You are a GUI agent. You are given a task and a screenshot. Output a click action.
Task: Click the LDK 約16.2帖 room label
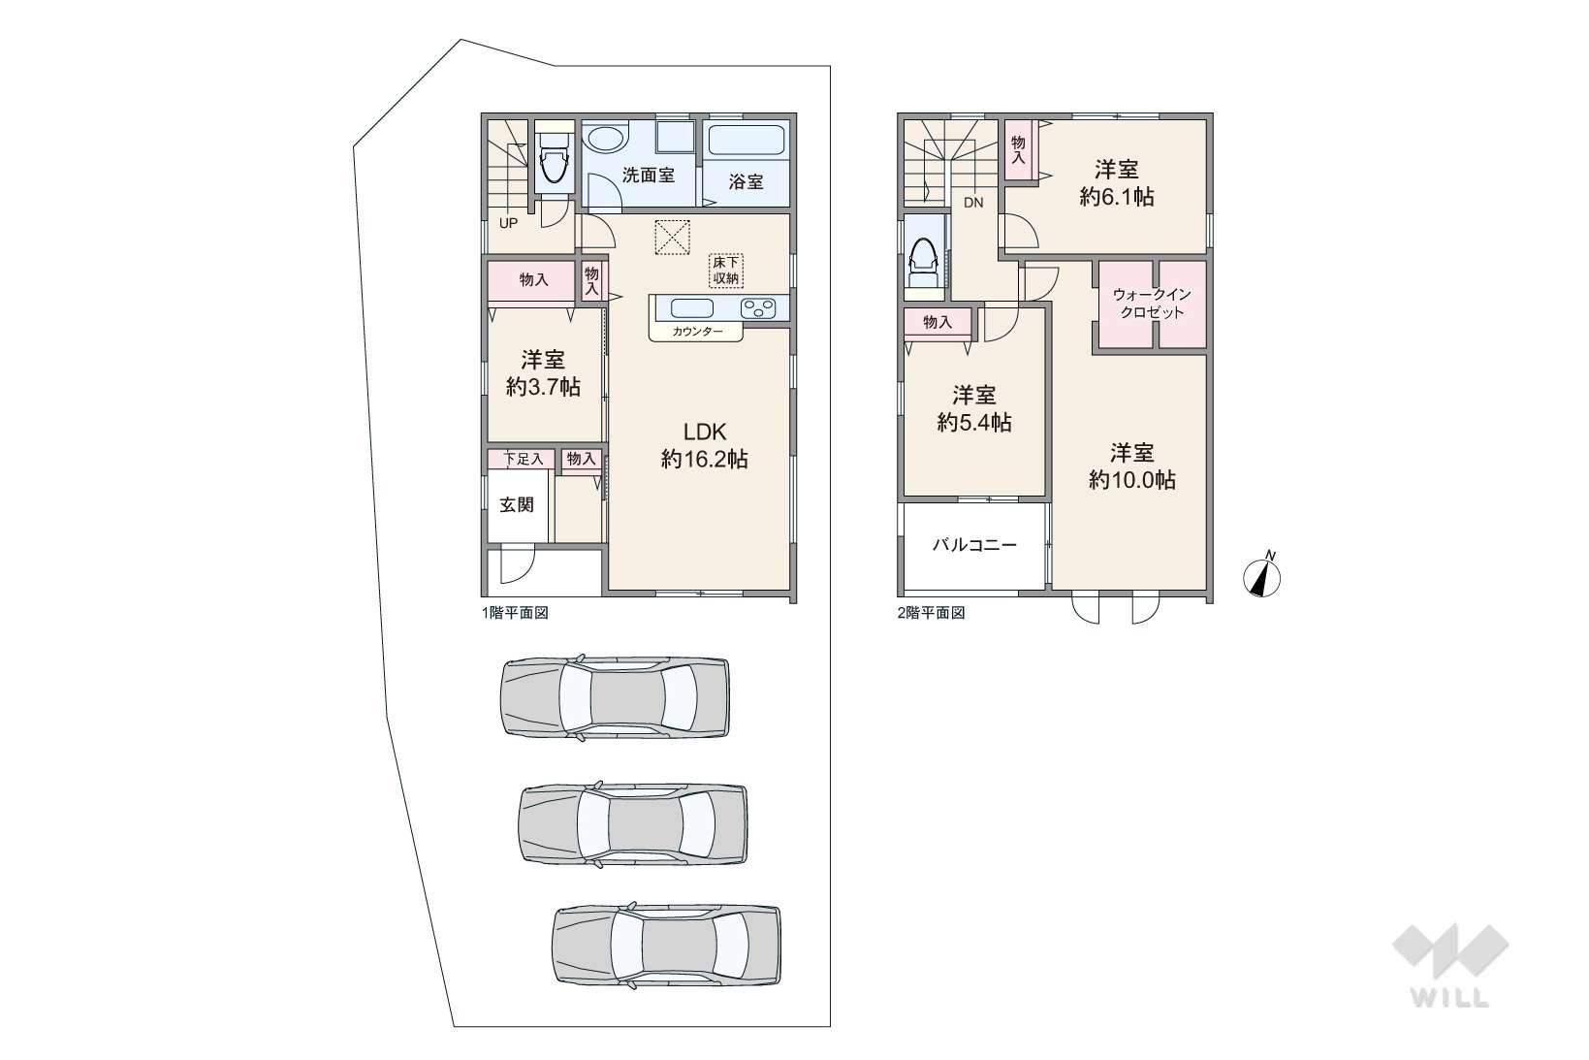[705, 445]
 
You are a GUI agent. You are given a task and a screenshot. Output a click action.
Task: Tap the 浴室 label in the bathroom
[746, 181]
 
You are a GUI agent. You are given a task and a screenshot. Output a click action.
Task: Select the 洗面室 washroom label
[648, 175]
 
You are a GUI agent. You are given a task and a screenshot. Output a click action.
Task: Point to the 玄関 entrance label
[517, 504]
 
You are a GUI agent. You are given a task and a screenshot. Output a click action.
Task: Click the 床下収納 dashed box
[726, 271]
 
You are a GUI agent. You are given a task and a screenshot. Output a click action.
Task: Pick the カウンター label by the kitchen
[697, 332]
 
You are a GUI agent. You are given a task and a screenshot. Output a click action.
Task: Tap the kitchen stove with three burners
[757, 308]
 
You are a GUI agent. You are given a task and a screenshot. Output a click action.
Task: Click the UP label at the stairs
[508, 223]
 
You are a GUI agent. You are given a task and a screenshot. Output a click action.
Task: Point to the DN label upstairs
[973, 203]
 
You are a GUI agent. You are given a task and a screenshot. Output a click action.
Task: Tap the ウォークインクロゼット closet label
[1152, 303]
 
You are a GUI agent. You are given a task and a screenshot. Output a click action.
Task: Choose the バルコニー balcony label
[974, 544]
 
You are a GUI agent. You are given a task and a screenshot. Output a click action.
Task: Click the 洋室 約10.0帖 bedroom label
[1132, 466]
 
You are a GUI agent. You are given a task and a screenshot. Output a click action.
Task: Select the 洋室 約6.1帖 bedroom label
[1117, 182]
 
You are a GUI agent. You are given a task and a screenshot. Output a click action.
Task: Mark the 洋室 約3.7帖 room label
[543, 372]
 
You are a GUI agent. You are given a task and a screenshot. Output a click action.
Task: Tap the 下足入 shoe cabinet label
[524, 459]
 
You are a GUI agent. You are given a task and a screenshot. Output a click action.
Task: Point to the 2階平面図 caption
[931, 613]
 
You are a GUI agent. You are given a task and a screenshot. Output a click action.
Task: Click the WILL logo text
[1450, 998]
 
